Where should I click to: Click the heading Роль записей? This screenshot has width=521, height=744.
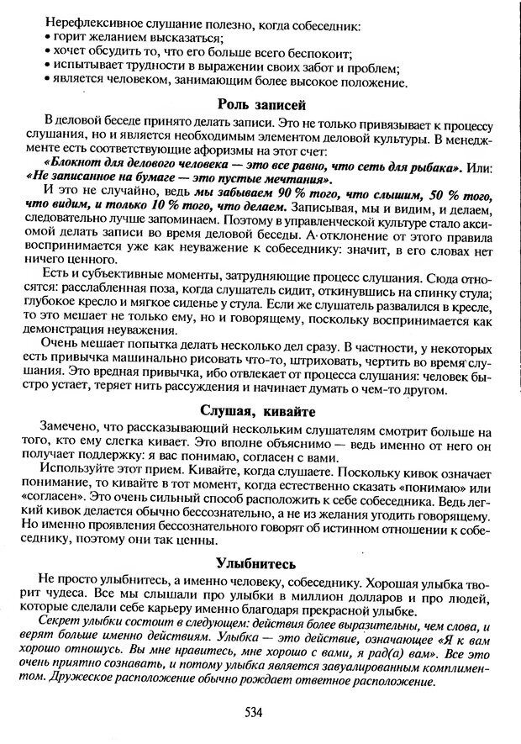tap(260, 105)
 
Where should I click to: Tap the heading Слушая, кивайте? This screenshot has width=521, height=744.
tap(260, 410)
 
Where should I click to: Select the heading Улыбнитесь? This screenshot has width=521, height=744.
tap(260, 562)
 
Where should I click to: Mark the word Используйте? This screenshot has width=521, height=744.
tap(79, 472)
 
